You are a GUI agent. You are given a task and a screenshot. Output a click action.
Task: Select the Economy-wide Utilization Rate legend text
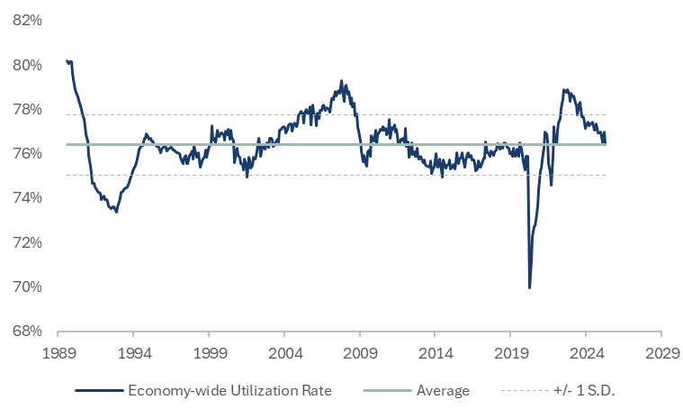tap(229, 391)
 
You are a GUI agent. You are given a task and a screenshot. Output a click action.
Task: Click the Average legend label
tap(443, 391)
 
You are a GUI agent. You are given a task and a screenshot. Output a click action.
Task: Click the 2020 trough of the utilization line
tap(529, 287)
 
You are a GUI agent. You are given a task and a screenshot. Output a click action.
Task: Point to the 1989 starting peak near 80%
tap(68, 61)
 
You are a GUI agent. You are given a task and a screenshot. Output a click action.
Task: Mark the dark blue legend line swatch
tap(98, 391)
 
